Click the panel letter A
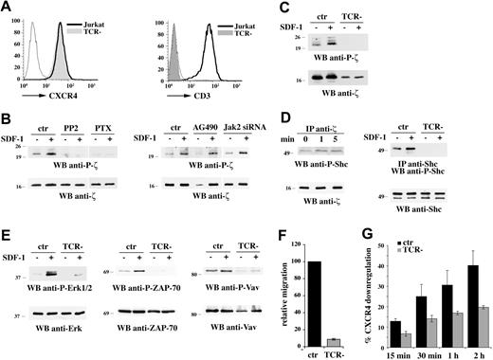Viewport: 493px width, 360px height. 7,8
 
